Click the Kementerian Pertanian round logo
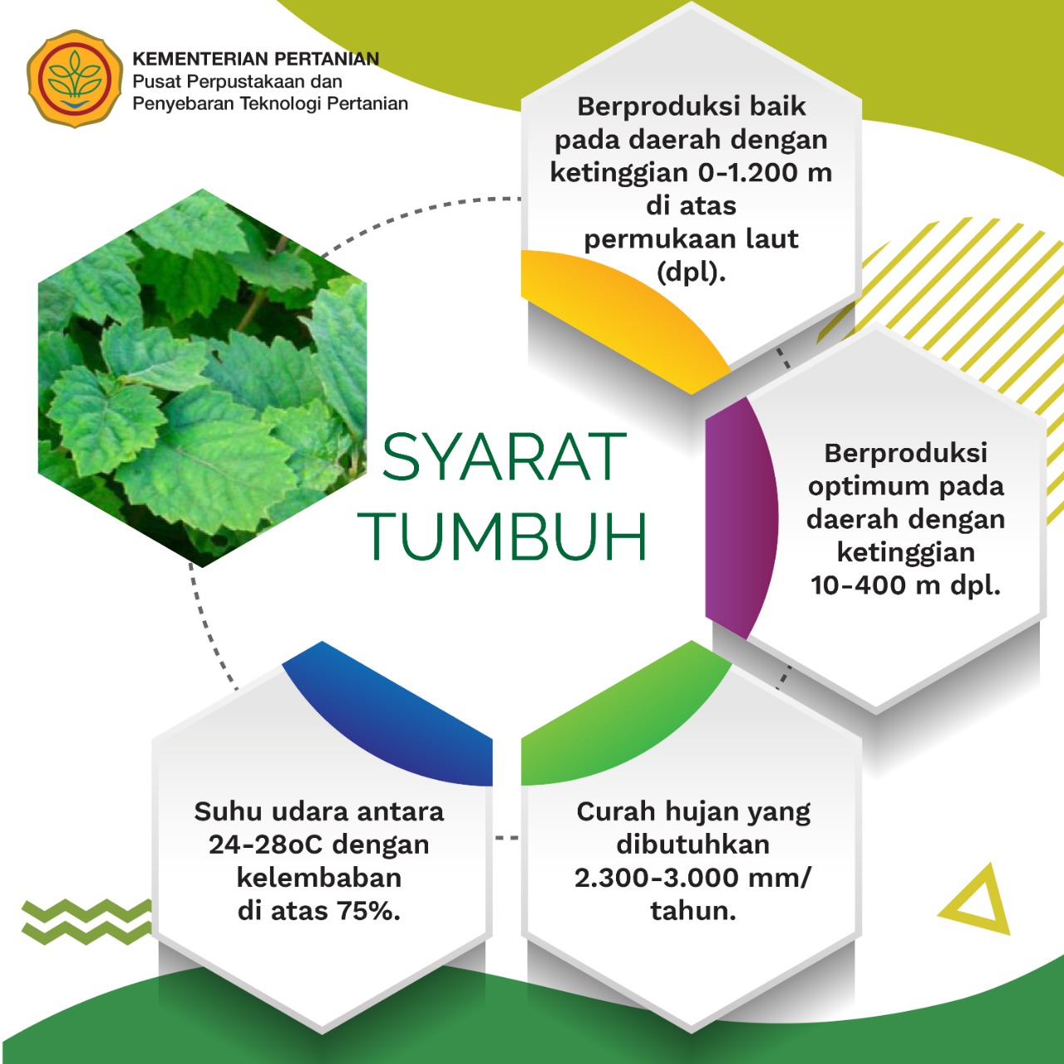tap(75, 78)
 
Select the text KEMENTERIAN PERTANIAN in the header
tap(256, 58)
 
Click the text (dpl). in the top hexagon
tap(692, 272)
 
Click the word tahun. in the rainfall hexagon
tap(693, 911)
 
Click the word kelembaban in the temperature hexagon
tap(319, 878)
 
